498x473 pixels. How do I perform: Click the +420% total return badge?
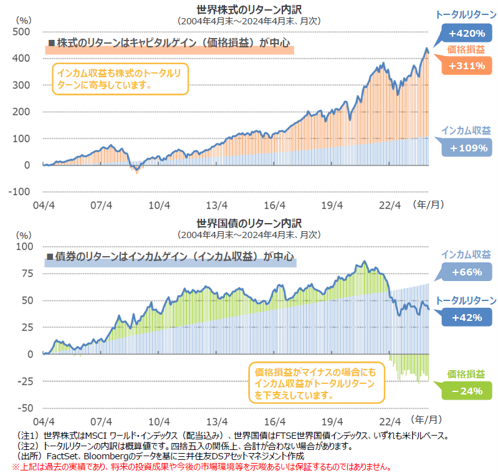click(x=466, y=32)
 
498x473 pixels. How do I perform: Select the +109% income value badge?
click(x=466, y=148)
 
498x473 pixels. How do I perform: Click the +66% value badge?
click(x=466, y=272)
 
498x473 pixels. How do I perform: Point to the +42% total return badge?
click(x=466, y=317)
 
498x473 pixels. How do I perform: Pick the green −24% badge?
click(x=466, y=391)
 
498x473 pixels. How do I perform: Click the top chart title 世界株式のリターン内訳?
click(x=249, y=9)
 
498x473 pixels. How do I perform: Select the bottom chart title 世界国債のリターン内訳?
click(x=249, y=223)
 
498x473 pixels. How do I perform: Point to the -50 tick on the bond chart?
click(x=24, y=408)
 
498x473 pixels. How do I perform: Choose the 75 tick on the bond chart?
click(x=26, y=273)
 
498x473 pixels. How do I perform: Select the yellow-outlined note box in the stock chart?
click(x=118, y=79)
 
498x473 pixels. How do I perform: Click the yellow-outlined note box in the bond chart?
click(x=317, y=382)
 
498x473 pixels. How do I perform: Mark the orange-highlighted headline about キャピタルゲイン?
click(x=170, y=44)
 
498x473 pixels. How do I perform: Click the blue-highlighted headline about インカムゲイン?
click(x=170, y=256)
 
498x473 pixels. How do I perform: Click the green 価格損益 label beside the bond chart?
click(x=466, y=374)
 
